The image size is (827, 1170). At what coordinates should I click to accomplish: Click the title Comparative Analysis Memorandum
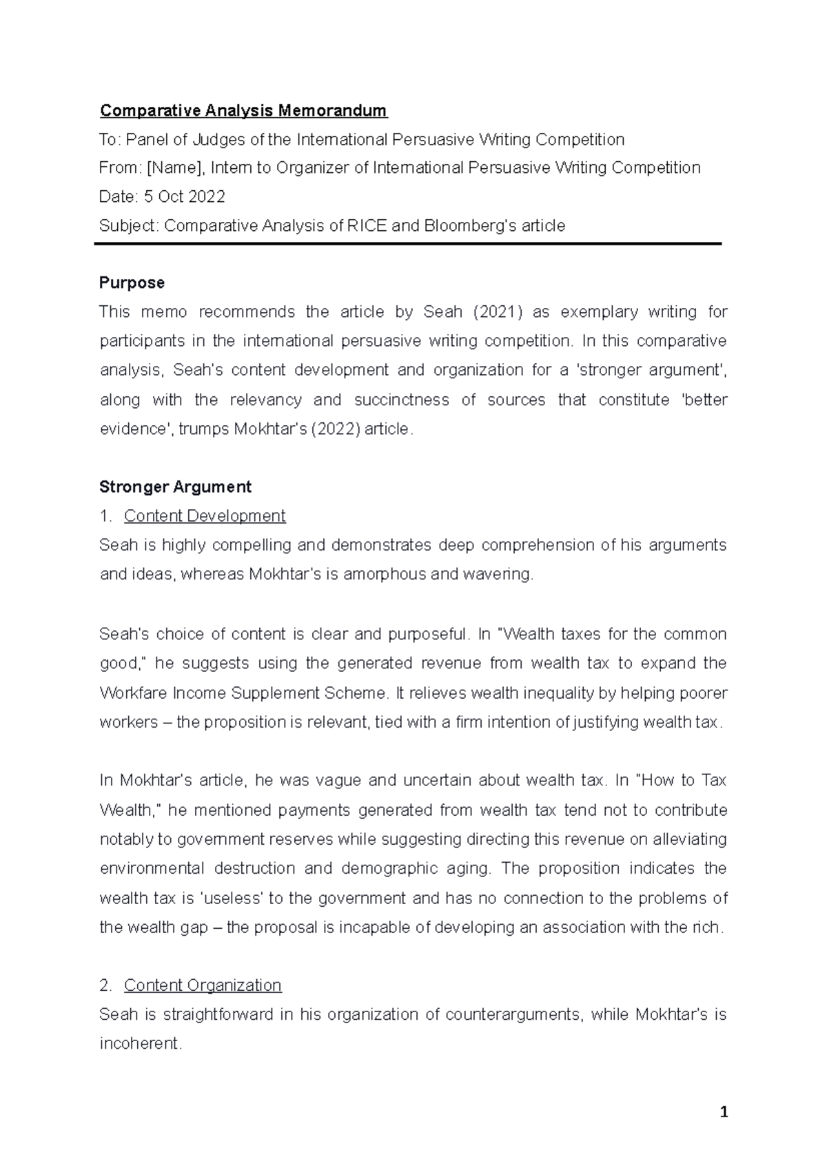point(243,110)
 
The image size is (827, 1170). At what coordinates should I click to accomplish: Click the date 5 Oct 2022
point(184,196)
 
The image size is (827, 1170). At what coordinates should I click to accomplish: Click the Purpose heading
point(132,283)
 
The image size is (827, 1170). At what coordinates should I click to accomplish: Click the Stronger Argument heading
point(175,486)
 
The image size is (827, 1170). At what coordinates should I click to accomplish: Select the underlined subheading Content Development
point(204,516)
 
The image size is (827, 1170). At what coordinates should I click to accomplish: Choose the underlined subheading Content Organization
point(203,985)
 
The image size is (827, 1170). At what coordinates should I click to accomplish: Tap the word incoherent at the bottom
point(140,1044)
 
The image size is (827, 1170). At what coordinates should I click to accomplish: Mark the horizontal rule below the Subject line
point(407,244)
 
